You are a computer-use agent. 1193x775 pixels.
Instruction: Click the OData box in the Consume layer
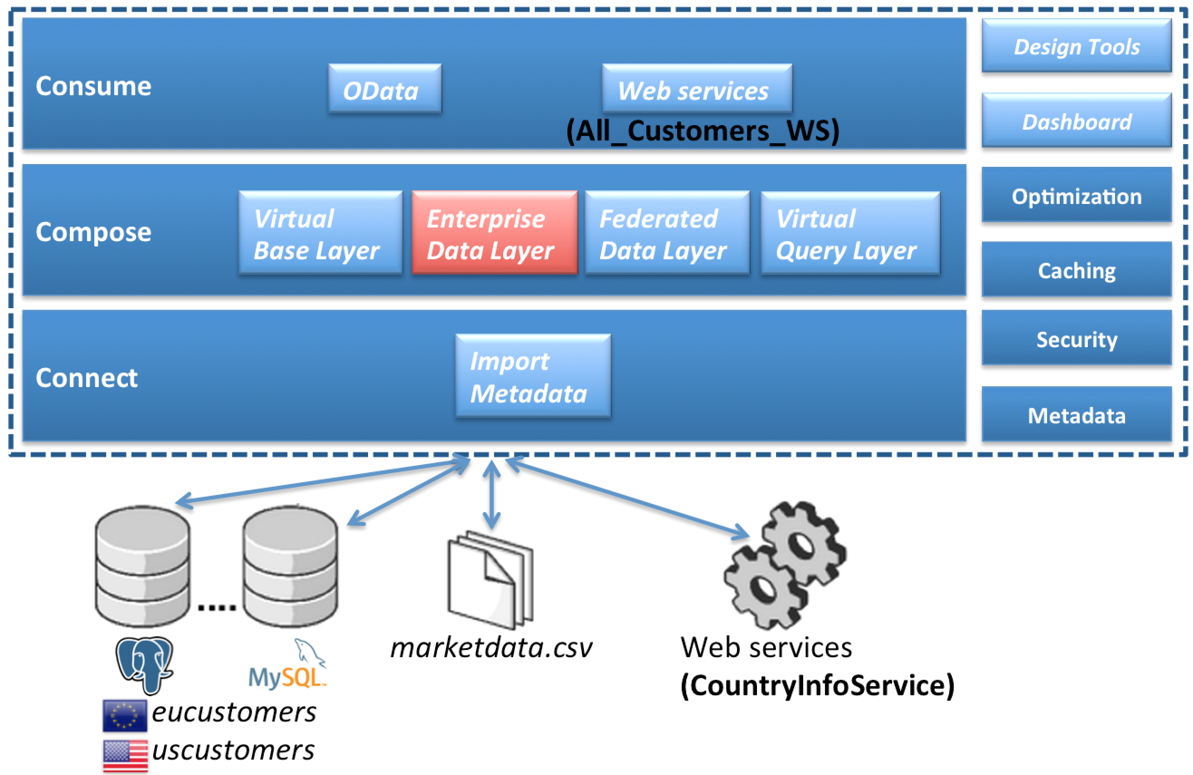coord(384,89)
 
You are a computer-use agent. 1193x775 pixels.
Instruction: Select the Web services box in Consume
coord(697,89)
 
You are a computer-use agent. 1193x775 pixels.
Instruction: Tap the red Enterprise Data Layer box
coord(494,232)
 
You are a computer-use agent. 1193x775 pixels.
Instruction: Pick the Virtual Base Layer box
coord(321,232)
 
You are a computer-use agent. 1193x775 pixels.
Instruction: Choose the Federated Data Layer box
coord(667,232)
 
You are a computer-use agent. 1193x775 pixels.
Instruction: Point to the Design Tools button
coord(1076,46)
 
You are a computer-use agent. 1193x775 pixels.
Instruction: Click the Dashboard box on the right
coord(1076,121)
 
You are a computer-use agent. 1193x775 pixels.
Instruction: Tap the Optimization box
coord(1076,195)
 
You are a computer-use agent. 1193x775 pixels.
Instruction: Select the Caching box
coord(1076,270)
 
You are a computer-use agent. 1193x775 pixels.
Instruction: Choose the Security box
coord(1076,339)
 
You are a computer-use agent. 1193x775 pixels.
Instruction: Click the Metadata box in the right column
coord(1076,415)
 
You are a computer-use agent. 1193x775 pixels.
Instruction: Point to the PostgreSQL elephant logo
coord(144,663)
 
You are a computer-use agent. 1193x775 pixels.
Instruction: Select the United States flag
coord(125,755)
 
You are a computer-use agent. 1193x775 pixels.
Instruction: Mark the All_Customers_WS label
coord(702,131)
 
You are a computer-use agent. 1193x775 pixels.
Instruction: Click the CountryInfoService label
coord(817,685)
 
